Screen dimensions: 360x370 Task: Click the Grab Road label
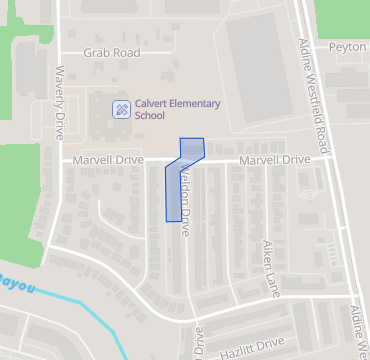point(111,52)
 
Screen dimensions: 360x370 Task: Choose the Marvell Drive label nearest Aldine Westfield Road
point(274,160)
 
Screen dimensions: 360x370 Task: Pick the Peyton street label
point(348,47)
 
